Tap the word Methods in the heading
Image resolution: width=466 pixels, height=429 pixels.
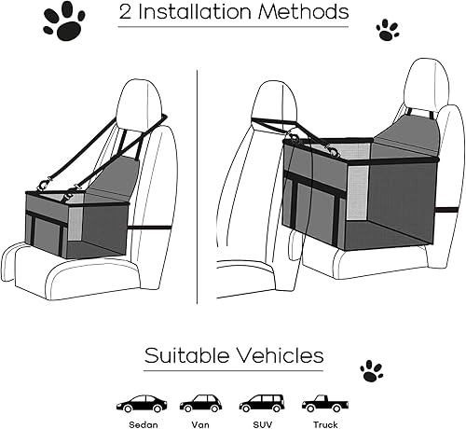point(305,13)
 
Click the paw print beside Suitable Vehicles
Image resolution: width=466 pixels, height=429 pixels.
point(371,370)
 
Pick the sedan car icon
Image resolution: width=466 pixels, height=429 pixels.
point(141,404)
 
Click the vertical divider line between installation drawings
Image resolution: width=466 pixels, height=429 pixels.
point(199,187)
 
